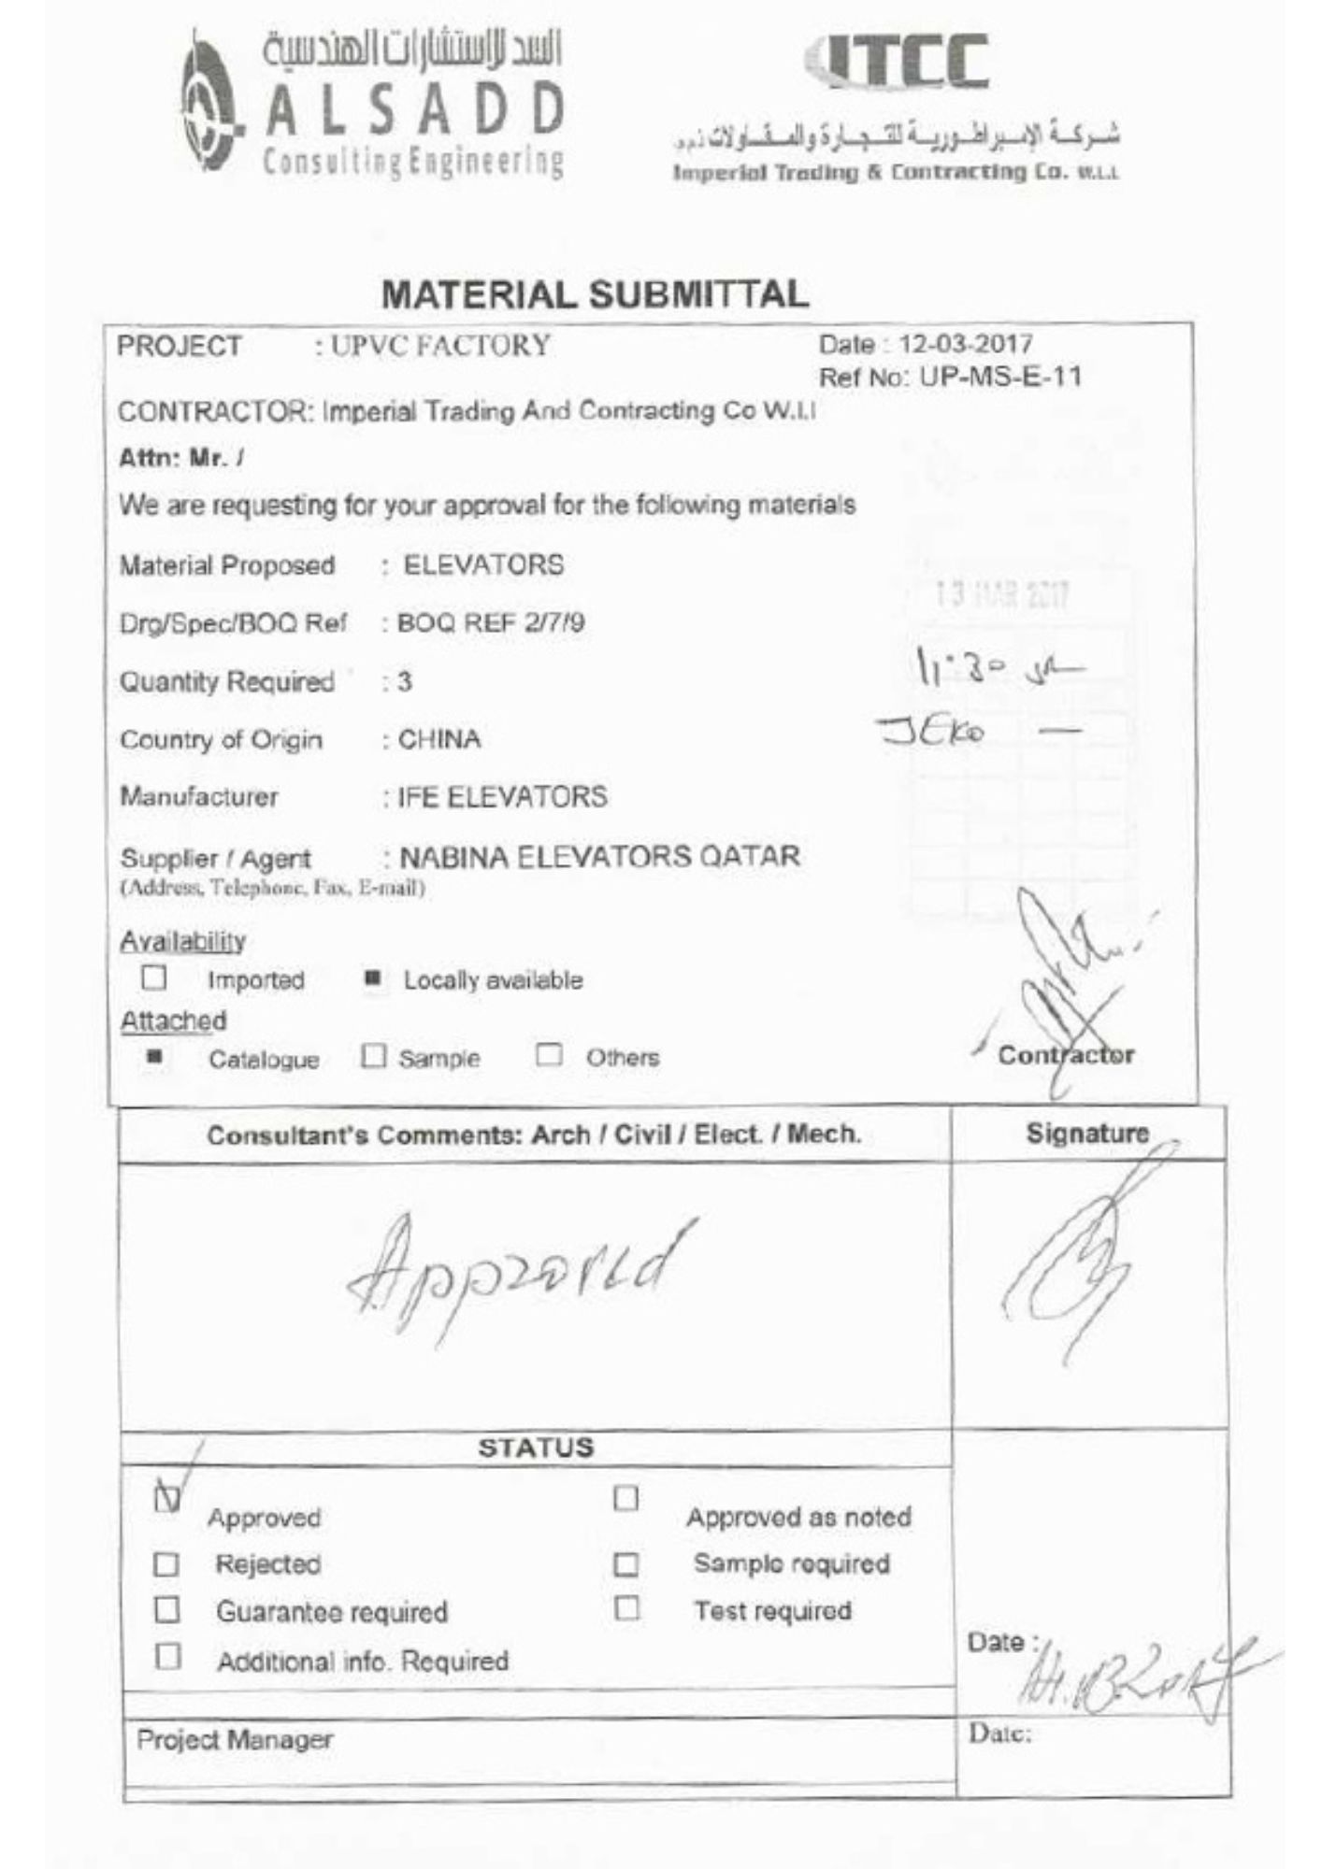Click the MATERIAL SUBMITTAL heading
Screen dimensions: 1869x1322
coord(595,294)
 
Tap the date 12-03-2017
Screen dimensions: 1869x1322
coord(965,344)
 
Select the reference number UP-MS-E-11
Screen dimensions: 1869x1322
coord(1000,378)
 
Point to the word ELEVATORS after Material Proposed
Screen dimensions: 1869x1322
coord(483,565)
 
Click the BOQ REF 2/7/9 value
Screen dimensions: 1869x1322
coord(491,623)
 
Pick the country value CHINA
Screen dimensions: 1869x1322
coord(439,739)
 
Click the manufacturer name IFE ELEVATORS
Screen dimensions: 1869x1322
coord(503,797)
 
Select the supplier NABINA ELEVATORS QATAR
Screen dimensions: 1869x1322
coord(599,856)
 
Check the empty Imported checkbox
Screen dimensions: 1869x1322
coord(154,978)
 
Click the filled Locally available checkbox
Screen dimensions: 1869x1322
coord(372,979)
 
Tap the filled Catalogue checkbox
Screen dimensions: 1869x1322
coord(155,1058)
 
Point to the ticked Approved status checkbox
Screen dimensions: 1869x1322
coord(166,1498)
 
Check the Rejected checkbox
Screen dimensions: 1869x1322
coord(166,1564)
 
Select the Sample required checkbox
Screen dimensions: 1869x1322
coord(625,1564)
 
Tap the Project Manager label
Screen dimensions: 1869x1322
coord(235,1740)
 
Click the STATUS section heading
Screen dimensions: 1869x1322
coord(536,1448)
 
